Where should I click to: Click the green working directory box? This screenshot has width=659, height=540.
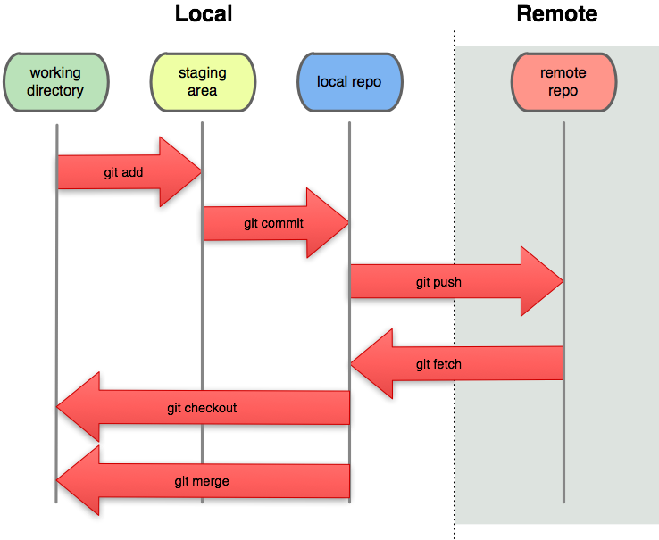[x=55, y=81]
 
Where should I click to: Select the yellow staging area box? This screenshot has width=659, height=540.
[x=203, y=81]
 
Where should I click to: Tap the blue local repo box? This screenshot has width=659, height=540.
[x=349, y=82]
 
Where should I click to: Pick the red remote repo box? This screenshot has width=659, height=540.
[x=563, y=81]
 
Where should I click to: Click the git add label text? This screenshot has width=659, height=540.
[x=123, y=172]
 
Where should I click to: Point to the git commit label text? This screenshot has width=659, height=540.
[x=273, y=223]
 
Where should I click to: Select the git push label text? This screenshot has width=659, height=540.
[x=438, y=282]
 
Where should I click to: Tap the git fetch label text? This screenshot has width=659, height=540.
[x=438, y=364]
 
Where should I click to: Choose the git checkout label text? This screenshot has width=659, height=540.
[x=202, y=408]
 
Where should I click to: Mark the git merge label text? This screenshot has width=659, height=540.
[x=202, y=481]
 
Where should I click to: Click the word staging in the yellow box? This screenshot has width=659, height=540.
[x=202, y=73]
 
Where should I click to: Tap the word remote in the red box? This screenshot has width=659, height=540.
[x=563, y=73]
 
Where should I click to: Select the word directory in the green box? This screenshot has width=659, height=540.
[x=55, y=90]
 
